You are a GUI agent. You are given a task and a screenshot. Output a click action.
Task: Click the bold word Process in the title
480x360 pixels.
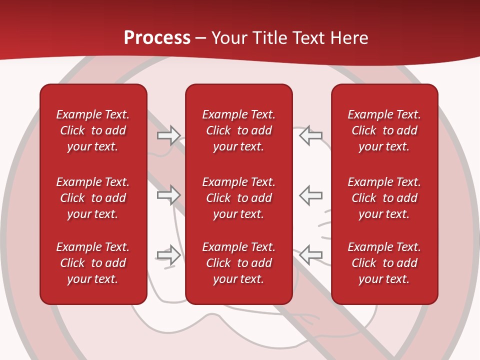pyautogui.click(x=157, y=38)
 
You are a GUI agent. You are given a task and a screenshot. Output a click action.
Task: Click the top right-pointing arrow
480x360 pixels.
pyautogui.click(x=168, y=135)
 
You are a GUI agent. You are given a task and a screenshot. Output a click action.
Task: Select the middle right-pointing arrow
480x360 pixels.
pyautogui.click(x=168, y=195)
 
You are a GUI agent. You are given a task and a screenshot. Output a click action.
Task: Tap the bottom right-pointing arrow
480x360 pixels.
pyautogui.click(x=168, y=255)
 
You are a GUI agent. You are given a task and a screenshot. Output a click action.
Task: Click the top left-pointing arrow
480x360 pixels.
pyautogui.click(x=310, y=135)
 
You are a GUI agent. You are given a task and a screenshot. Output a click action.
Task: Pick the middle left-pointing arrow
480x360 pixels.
pyautogui.click(x=310, y=195)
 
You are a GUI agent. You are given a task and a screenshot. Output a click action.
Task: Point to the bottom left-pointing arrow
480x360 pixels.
pyautogui.click(x=310, y=255)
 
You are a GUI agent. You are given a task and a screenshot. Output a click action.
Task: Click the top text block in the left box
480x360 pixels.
pyautogui.click(x=93, y=130)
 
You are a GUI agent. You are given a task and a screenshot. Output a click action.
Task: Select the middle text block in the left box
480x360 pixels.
pyautogui.click(x=93, y=198)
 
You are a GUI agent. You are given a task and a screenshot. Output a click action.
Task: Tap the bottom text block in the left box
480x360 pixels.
pyautogui.click(x=93, y=263)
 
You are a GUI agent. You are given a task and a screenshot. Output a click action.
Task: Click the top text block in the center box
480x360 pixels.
pyautogui.click(x=238, y=130)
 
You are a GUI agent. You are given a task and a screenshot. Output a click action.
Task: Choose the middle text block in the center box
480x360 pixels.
pyautogui.click(x=238, y=198)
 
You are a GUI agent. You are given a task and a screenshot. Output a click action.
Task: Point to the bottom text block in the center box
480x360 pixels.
pyautogui.click(x=238, y=263)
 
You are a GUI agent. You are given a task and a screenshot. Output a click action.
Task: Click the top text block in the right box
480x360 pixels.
pyautogui.click(x=384, y=130)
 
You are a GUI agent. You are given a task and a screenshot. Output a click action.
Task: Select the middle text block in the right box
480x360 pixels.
pyautogui.click(x=384, y=198)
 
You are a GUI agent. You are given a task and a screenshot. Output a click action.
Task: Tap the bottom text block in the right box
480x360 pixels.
pyautogui.click(x=384, y=263)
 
